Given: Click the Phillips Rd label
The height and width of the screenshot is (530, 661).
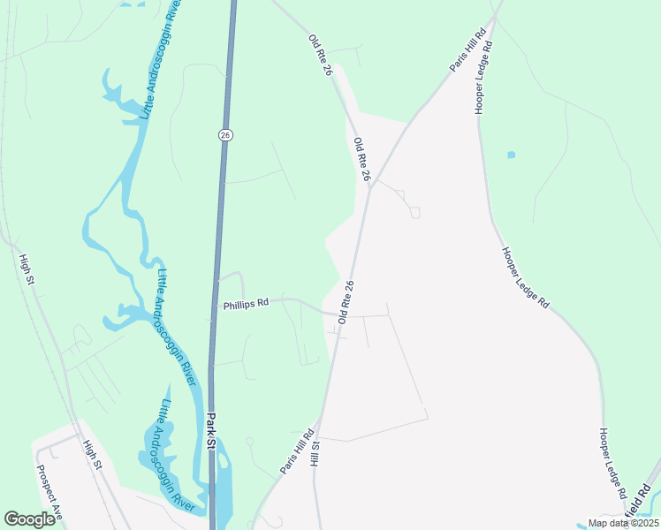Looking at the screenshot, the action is click(246, 304).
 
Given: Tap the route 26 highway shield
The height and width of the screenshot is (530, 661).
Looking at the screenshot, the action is click(224, 134).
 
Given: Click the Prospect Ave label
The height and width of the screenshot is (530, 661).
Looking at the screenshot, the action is click(46, 488).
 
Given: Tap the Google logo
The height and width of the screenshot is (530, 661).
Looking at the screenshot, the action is click(29, 519).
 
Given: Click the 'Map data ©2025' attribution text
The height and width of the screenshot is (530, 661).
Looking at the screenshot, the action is click(622, 523).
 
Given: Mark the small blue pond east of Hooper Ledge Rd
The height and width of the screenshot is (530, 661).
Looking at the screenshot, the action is click(511, 155).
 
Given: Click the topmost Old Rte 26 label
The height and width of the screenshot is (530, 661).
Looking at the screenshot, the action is click(319, 55).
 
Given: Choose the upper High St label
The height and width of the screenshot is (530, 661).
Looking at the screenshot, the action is click(27, 269).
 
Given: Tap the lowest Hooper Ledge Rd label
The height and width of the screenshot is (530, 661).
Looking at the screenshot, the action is click(612, 463).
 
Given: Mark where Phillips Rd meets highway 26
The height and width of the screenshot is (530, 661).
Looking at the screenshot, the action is click(215, 306).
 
